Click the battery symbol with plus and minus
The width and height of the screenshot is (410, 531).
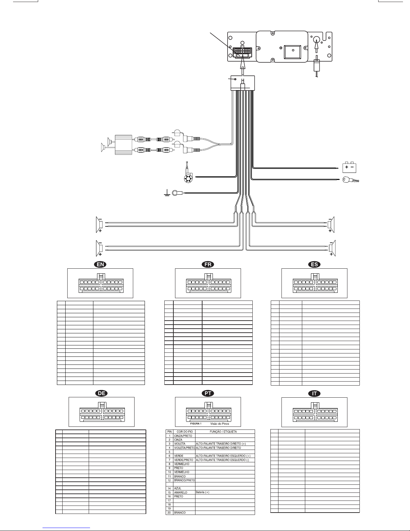(349, 168)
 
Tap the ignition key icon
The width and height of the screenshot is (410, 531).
(350, 180)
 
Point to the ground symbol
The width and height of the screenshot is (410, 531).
(167, 193)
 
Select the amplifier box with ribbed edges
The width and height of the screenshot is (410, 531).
(124, 145)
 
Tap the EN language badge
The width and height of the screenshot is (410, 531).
(100, 264)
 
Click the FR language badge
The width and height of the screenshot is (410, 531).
(208, 264)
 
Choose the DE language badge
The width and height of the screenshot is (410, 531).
(101, 393)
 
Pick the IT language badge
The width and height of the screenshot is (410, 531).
(314, 393)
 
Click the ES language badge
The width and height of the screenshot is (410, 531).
(314, 264)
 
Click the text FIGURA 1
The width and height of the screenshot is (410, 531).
(196, 424)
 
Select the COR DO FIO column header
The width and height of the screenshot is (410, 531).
(185, 432)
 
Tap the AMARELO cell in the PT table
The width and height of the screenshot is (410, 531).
(181, 492)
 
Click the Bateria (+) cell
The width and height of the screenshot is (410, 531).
(202, 492)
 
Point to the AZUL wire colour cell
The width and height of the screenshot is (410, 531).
(178, 488)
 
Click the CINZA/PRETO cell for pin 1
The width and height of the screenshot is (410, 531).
(183, 436)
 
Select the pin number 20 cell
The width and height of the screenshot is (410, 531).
(169, 513)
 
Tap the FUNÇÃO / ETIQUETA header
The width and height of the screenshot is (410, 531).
(223, 432)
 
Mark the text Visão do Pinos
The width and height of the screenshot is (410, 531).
(220, 424)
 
